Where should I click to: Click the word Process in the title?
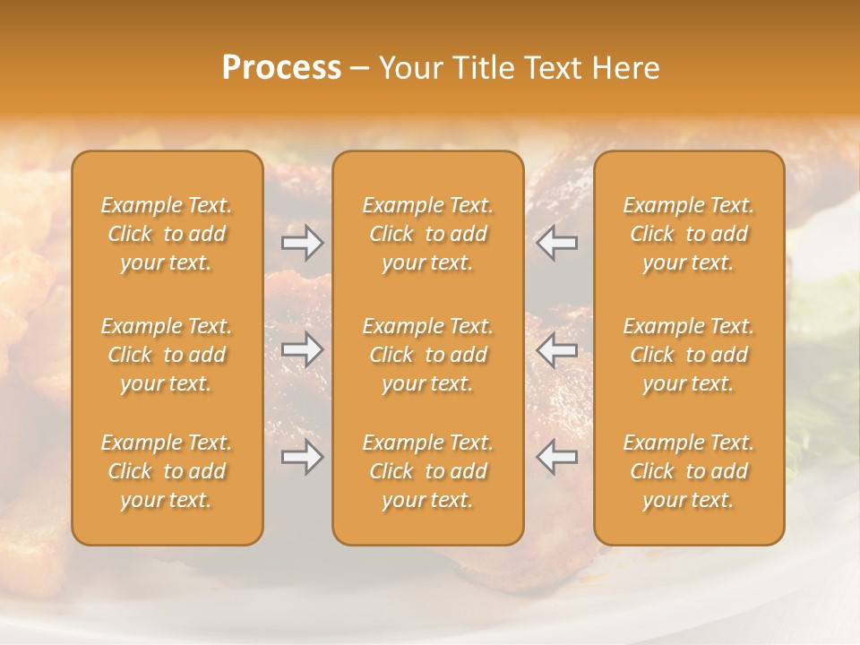(281, 68)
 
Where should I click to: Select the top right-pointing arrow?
(302, 243)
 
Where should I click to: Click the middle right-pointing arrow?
(302, 349)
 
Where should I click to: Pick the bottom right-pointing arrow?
(302, 457)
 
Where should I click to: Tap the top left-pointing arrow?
(556, 243)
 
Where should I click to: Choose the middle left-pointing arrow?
(556, 349)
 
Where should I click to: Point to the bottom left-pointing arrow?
(556, 457)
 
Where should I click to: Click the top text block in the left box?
(167, 234)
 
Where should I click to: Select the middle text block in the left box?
(167, 355)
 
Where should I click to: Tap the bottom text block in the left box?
(167, 471)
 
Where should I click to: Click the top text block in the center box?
(427, 234)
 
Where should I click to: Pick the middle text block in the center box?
(427, 355)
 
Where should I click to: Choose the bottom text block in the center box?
(427, 471)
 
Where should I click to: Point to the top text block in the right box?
(688, 234)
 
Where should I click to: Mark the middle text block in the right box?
(688, 355)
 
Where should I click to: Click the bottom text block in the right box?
(688, 471)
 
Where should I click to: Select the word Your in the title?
(408, 68)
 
